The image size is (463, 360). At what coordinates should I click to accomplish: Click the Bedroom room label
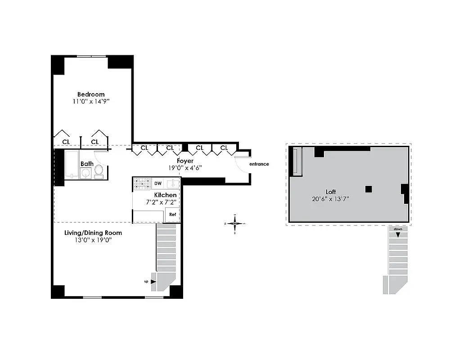pyautogui.click(x=91, y=94)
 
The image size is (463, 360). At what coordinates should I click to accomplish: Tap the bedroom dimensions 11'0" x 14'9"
pyautogui.click(x=91, y=102)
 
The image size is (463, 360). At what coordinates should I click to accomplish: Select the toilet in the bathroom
pyautogui.click(x=99, y=171)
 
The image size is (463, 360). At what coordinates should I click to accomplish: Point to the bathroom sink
pyautogui.click(x=85, y=173)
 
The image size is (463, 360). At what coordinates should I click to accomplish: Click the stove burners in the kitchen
pyautogui.click(x=143, y=184)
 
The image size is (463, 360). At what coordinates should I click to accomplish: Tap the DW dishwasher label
pyautogui.click(x=158, y=184)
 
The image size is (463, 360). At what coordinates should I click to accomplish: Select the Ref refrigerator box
pyautogui.click(x=172, y=215)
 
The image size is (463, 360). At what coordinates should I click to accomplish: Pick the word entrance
pyautogui.click(x=259, y=164)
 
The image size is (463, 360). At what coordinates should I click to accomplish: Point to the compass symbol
pyautogui.click(x=235, y=223)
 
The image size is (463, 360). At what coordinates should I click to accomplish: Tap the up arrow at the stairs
pyautogui.click(x=154, y=281)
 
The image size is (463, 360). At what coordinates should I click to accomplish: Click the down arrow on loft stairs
pyautogui.click(x=398, y=234)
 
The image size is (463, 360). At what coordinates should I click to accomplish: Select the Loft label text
pyautogui.click(x=331, y=192)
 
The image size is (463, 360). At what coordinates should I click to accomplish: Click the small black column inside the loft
pyautogui.click(x=368, y=189)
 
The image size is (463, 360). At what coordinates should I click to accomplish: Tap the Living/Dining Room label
pyautogui.click(x=93, y=233)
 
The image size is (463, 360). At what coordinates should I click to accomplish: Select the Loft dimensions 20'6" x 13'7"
pyautogui.click(x=331, y=199)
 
